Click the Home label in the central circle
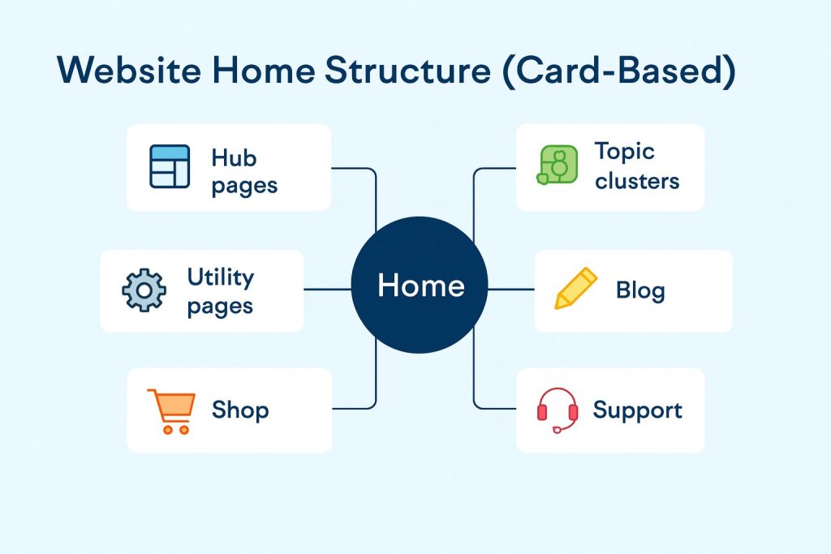420,286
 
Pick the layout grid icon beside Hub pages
170,167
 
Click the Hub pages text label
243,171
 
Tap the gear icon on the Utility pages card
144,290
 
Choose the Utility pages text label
220,291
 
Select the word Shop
239,410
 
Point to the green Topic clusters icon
558,165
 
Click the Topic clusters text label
636,165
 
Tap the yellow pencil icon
575,289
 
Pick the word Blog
640,290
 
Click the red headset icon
558,410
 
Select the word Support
637,410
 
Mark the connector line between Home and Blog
510,289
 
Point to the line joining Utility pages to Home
326,289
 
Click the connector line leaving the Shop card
355,407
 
